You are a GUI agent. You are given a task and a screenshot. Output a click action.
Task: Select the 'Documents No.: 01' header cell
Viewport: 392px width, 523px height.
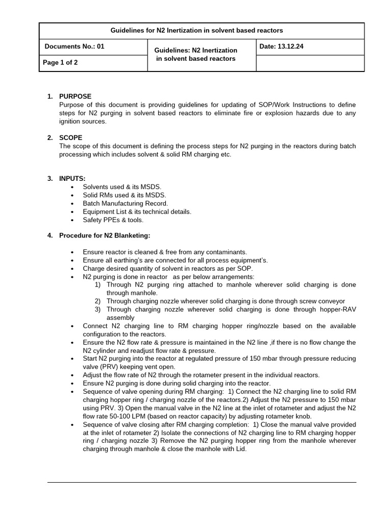pos(75,46)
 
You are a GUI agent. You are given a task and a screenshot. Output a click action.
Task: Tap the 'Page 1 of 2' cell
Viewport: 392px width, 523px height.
pos(61,63)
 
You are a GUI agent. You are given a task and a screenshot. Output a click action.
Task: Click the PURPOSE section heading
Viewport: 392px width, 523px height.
pos(76,96)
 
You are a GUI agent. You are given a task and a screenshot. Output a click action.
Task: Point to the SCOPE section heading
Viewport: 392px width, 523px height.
pos(70,137)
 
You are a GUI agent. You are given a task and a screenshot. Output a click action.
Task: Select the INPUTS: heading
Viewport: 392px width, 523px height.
pos(72,178)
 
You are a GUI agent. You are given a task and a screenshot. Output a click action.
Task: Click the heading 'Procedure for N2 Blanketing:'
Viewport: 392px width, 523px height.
pos(105,235)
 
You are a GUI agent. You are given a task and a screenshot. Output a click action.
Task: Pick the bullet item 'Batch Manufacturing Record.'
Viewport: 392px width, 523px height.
pos(125,203)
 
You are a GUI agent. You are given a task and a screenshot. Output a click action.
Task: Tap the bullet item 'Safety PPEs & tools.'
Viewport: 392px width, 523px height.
pos(113,220)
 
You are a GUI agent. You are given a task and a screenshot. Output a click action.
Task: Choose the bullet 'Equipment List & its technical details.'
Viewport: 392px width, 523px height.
pos(137,211)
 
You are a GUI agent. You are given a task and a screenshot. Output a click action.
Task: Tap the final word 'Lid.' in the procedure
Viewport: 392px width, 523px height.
pos(240,449)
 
